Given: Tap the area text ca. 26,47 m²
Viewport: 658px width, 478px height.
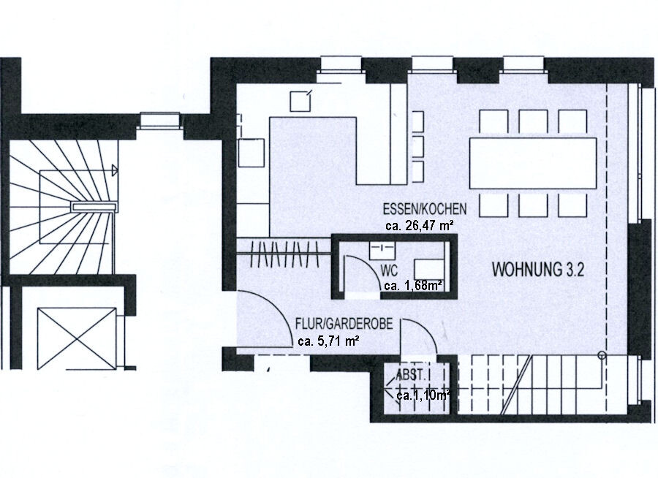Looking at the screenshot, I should point(420,226).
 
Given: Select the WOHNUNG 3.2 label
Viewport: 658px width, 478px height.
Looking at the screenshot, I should point(537,270).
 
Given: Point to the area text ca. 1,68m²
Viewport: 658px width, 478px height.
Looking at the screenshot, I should point(412,285).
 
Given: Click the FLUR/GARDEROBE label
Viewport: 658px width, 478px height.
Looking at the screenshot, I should point(337,324).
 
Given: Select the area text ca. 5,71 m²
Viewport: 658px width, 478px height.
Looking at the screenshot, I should point(328,340).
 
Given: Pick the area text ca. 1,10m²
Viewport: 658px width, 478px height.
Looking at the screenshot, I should point(423,395).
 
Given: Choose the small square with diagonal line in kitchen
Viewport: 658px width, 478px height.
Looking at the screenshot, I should point(300,99).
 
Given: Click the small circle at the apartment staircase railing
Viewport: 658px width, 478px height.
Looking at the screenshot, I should point(602,356).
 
